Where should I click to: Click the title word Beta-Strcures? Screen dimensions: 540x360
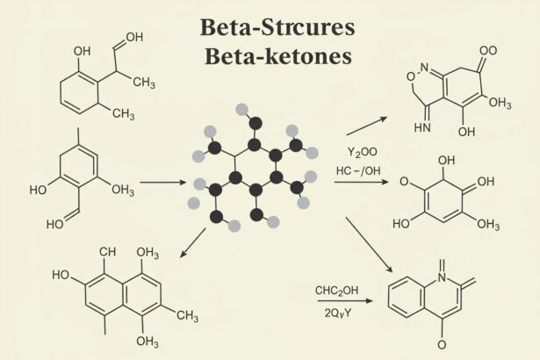277,27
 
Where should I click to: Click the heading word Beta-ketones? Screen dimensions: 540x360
278,56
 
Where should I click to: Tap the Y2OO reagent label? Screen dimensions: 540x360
362,152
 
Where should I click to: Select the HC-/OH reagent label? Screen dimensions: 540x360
358,170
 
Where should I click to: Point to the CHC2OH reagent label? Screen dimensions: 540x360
336,291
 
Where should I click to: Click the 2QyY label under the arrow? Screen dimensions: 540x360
338,313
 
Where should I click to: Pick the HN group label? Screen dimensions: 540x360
422,127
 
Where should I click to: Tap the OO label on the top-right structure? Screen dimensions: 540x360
488,51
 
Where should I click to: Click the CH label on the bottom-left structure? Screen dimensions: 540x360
107,252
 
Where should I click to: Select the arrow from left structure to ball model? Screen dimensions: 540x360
163,182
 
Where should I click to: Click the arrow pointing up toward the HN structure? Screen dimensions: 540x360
367,126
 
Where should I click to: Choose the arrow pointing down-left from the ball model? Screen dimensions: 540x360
193,243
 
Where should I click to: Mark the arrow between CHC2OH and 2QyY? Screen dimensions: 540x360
345,301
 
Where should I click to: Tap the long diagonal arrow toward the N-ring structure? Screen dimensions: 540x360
369,245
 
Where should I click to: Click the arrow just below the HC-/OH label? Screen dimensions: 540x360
361,182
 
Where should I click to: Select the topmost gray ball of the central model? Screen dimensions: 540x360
241,110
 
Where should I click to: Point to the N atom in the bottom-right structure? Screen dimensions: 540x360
443,277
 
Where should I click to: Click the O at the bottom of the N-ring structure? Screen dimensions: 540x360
442,344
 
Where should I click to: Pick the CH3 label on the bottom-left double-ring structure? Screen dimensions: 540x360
188,315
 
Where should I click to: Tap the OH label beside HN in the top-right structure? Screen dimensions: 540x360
466,132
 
